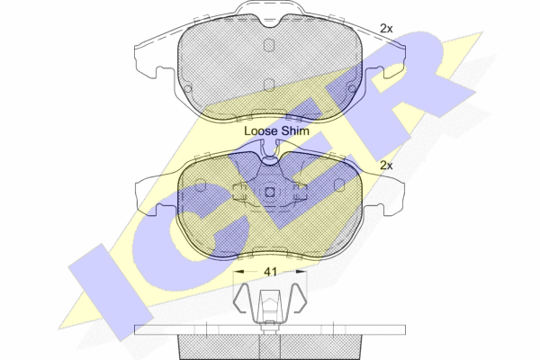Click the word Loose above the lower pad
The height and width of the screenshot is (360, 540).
[x=261, y=131]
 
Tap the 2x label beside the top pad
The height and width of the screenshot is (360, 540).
[x=387, y=29]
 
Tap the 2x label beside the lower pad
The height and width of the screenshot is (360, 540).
[x=387, y=166]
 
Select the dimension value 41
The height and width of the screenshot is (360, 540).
[x=269, y=270]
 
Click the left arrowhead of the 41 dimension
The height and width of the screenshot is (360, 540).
[x=233, y=270]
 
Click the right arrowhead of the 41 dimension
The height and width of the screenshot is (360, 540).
[x=306, y=270]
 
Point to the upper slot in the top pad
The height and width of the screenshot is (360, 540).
[x=269, y=44]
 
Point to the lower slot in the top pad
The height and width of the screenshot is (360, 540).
[x=269, y=85]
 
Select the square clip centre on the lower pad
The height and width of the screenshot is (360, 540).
[x=269, y=192]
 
